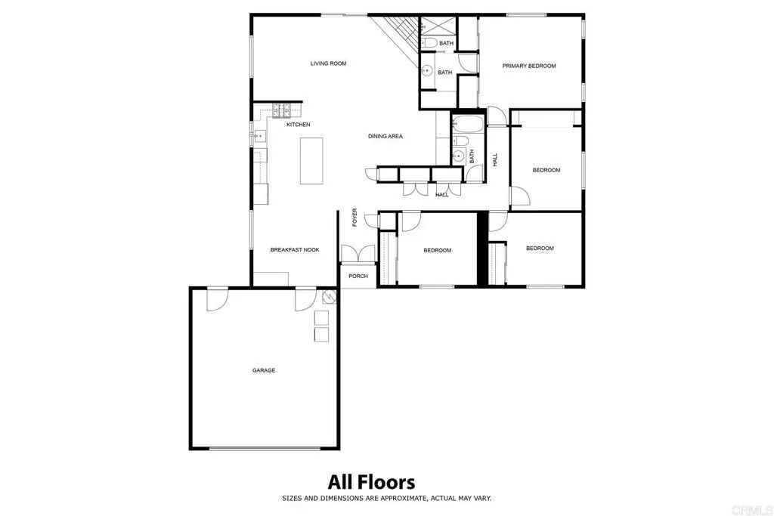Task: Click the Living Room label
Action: [x=328, y=63]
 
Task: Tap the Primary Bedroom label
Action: [x=529, y=66]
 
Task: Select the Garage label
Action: [x=264, y=370]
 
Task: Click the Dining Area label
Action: [x=385, y=136]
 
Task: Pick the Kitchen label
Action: [x=298, y=125]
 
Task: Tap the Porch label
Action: [x=358, y=276]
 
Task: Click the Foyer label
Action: [x=354, y=217]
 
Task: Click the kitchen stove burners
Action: [x=282, y=110]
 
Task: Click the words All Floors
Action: [x=371, y=481]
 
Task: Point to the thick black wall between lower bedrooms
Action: [x=481, y=249]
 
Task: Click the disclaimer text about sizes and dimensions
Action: [x=387, y=498]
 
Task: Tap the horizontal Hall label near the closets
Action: [x=442, y=195]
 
